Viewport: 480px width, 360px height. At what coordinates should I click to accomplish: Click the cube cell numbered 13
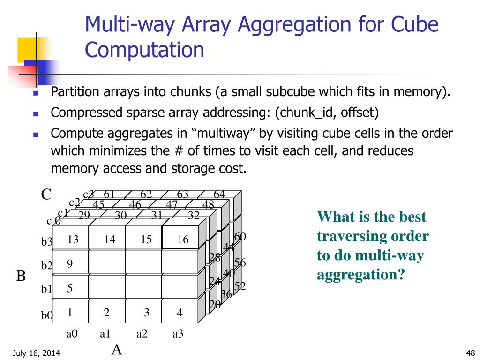(x=73, y=240)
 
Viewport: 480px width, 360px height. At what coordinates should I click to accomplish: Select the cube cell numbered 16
(x=183, y=240)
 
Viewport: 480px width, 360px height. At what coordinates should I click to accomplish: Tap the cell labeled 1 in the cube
(x=69, y=313)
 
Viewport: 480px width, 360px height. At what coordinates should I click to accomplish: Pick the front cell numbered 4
(x=180, y=313)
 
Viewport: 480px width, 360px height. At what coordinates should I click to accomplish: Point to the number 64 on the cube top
(x=219, y=194)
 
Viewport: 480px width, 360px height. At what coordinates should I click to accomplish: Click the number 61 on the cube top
(x=109, y=194)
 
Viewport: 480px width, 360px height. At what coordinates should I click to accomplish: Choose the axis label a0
(x=72, y=334)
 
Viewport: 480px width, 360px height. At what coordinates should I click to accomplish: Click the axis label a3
(x=178, y=334)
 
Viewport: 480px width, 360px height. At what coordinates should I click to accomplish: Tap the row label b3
(x=47, y=242)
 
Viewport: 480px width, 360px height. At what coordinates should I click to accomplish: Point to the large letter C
(x=46, y=194)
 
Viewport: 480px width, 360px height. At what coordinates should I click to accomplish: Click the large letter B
(x=21, y=276)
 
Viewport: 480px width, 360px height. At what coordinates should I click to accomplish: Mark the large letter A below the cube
(x=117, y=350)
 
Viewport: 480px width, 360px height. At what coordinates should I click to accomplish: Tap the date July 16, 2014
(x=36, y=353)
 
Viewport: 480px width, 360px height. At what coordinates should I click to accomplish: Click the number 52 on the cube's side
(x=240, y=286)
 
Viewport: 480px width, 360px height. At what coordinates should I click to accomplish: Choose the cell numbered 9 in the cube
(x=69, y=264)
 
